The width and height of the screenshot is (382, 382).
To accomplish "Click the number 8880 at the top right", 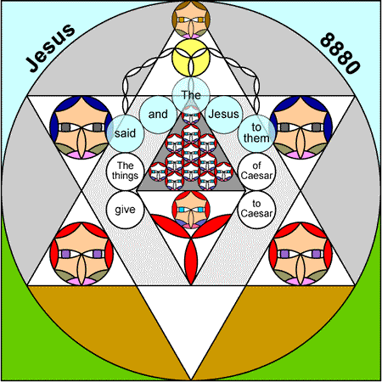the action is pyautogui.click(x=340, y=53).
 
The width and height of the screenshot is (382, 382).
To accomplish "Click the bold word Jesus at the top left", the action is pyautogui.click(x=50, y=48).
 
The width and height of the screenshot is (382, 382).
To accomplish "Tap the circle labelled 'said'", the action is pyautogui.click(x=126, y=133).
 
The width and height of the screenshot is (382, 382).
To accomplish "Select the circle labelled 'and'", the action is pyautogui.click(x=158, y=115).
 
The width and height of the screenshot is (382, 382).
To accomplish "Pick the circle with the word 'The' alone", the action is pyautogui.click(x=191, y=95).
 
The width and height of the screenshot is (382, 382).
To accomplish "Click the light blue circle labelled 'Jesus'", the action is pyautogui.click(x=224, y=115).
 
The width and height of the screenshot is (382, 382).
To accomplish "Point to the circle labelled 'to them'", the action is pyautogui.click(x=256, y=133).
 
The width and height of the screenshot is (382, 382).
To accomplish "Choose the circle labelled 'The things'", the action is pyautogui.click(x=126, y=171).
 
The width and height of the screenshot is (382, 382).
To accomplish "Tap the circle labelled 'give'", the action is pyautogui.click(x=126, y=210).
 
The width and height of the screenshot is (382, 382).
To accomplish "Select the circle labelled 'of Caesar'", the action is pyautogui.click(x=256, y=171).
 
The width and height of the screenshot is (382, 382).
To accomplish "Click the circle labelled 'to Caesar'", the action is pyautogui.click(x=256, y=210).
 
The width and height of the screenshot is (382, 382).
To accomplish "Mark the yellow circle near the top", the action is pyautogui.click(x=191, y=58).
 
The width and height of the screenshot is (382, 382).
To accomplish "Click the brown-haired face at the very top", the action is pyautogui.click(x=191, y=20).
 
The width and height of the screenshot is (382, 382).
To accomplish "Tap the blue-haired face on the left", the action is pyautogui.click(x=81, y=127).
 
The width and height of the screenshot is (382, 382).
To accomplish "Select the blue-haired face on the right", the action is pyautogui.click(x=301, y=127).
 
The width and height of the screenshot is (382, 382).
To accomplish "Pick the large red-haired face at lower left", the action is pyautogui.click(x=81, y=254).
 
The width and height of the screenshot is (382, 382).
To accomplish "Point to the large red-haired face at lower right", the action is pyautogui.click(x=301, y=254).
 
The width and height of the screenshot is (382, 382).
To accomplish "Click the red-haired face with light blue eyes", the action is pyautogui.click(x=191, y=210).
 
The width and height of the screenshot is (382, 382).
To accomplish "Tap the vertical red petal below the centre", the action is pyautogui.click(x=191, y=261).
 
